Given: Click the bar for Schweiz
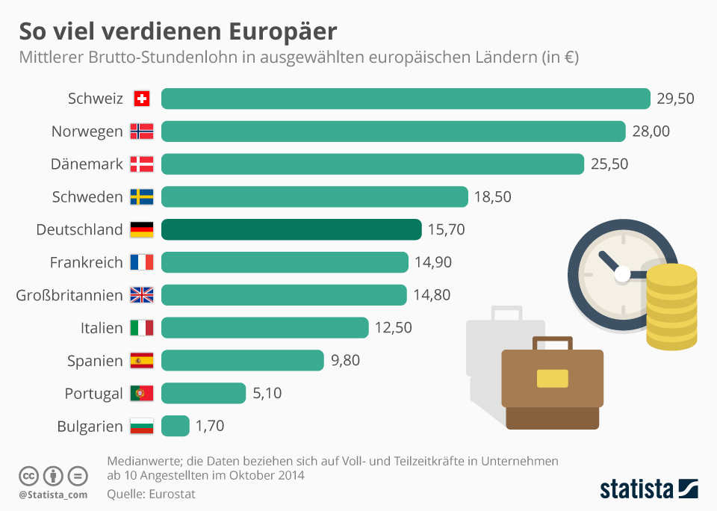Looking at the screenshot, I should point(406,99).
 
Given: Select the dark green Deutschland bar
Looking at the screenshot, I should point(291,229).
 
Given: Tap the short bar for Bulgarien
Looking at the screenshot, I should point(175,426).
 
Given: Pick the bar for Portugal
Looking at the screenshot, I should point(203,393).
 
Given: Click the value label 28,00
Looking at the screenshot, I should point(651,131).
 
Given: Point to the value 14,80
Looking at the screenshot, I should point(432,295).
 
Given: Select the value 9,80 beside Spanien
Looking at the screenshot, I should point(345,361).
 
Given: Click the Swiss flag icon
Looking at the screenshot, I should point(142,99).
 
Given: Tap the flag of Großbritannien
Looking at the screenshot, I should point(142,295).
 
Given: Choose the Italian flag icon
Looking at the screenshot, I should point(142,328).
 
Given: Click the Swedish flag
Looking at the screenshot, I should point(142,197).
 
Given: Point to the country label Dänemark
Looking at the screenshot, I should point(87,164).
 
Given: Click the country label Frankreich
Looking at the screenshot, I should point(86,262).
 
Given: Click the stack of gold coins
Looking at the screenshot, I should point(671,306).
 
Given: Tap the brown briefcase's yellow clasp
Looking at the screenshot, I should point(552,378).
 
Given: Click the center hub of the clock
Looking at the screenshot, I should point(622,275).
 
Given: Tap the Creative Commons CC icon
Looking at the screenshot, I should point(28,476).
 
